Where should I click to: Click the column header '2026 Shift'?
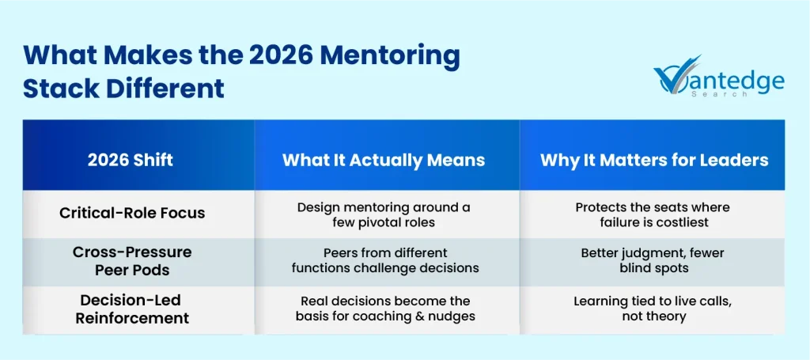tap(131, 160)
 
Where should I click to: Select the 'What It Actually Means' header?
tap(384, 160)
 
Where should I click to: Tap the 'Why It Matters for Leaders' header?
tap(654, 160)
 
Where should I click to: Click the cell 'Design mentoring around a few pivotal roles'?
tap(384, 214)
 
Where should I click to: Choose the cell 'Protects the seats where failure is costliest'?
tap(653, 214)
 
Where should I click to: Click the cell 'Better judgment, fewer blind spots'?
tap(653, 260)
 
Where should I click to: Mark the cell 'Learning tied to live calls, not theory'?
tap(653, 309)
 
